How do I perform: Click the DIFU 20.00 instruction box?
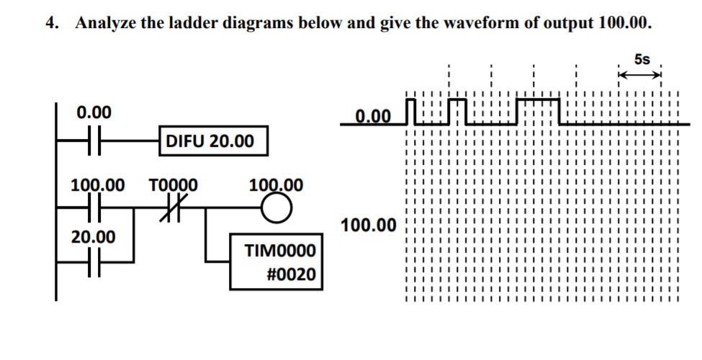coord(214,141)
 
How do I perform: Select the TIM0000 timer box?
coord(276,261)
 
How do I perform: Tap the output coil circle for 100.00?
coord(276,208)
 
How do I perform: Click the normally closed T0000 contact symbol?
coord(170,208)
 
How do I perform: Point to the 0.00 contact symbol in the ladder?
coord(94,140)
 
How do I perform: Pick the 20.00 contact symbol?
coord(94,262)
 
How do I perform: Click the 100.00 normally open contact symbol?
coord(94,208)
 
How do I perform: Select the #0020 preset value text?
coord(291,274)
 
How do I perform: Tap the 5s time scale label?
coord(642,59)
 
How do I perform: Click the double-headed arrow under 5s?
coord(640,75)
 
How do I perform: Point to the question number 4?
coord(52,22)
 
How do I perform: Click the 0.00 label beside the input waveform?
coord(374,117)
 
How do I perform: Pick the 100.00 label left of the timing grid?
coord(369,225)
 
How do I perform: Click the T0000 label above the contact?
coord(173,185)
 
